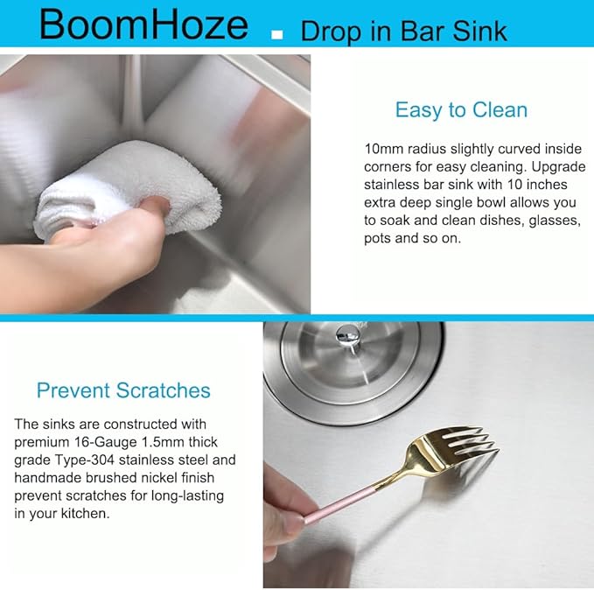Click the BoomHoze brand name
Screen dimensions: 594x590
143,25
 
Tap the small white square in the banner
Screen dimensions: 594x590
277,35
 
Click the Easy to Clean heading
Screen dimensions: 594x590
461,110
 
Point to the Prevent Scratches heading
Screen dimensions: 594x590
123,390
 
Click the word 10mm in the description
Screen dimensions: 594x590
384,149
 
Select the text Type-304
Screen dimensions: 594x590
84,460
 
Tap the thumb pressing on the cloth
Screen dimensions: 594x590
156,207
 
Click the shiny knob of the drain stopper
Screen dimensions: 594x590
348,334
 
